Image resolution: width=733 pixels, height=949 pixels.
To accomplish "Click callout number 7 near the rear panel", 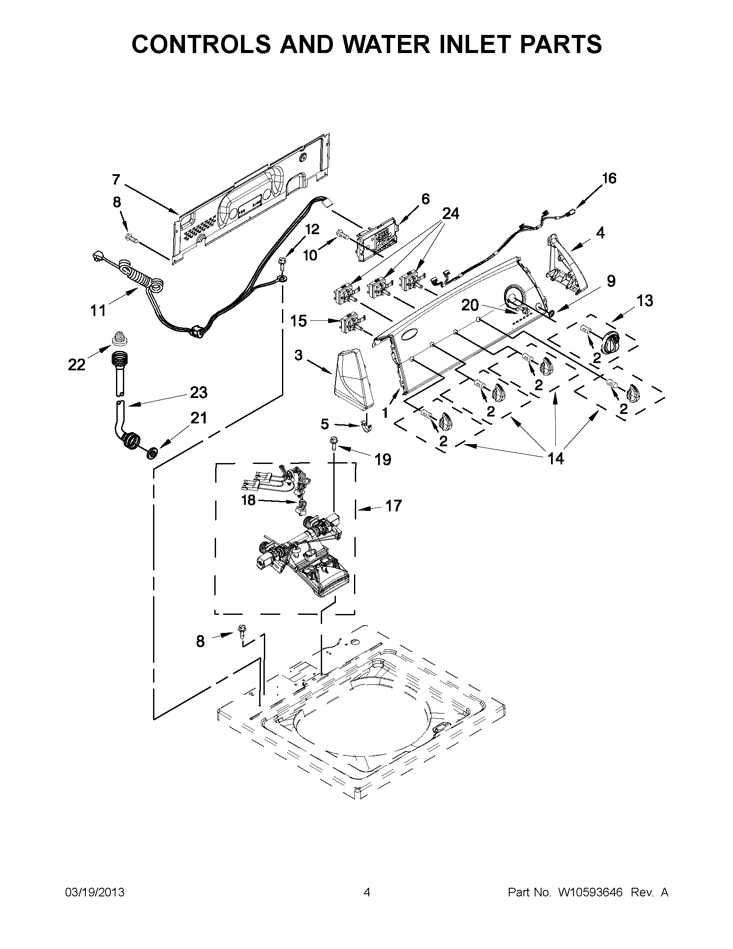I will tap(116, 179).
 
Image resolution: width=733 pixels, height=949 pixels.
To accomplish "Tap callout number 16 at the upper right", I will tap(609, 178).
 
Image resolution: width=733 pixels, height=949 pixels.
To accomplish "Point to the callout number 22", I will tap(76, 365).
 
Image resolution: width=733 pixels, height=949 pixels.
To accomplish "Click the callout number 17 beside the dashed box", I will tap(393, 506).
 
